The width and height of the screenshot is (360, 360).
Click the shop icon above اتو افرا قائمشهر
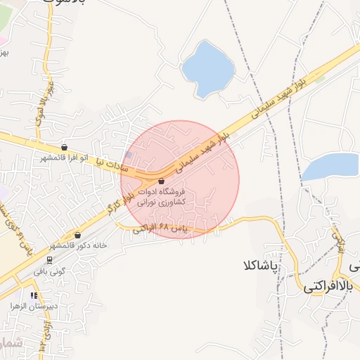[x=65, y=148]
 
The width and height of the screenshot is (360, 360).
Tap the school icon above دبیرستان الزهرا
[x=34, y=296]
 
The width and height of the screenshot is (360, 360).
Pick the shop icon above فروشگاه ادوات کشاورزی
[x=162, y=181]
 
